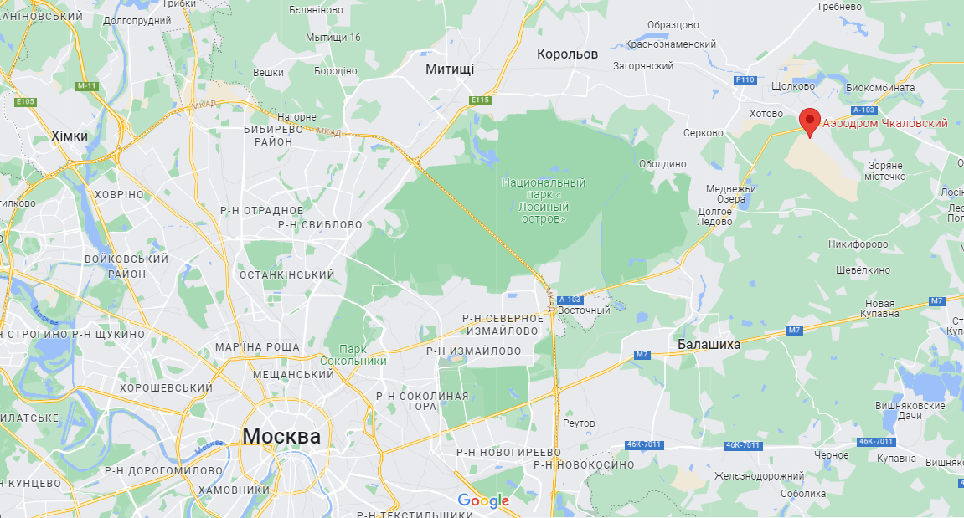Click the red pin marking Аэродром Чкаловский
pos(809,122)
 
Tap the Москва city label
pos(281,436)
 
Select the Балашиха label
pos(709,343)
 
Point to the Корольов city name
pos(567,54)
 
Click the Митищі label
pos(449,69)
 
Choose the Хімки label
pos(69,136)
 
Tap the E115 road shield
pos(480,100)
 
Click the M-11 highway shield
pos(87,85)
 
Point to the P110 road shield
pos(745,80)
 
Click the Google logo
pos(483,500)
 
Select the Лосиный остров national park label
pos(544,200)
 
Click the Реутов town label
pos(580,423)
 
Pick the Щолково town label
pos(792,86)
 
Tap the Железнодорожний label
pos(760,475)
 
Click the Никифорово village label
pos(858,244)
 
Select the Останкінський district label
pos(286,274)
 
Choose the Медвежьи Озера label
pos(731,194)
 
